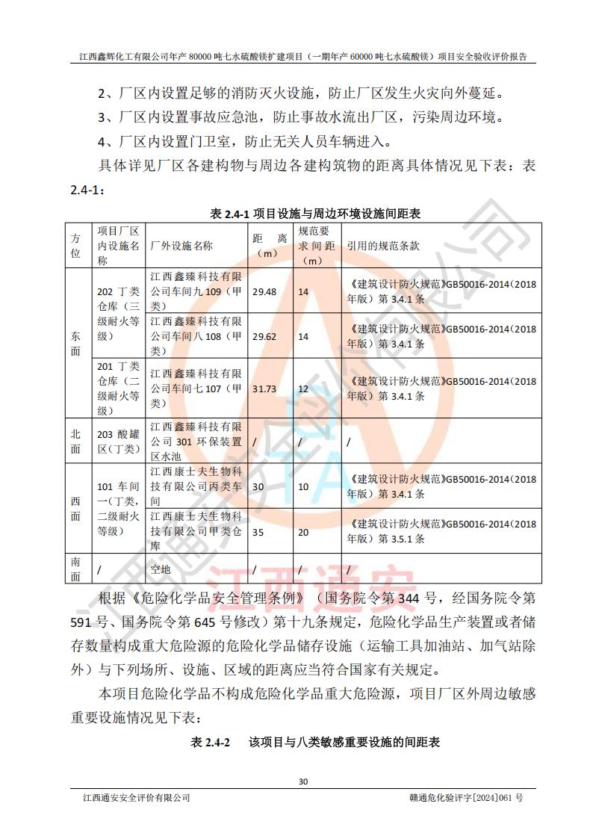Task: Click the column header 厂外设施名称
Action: pos(181,245)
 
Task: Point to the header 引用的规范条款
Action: pos(383,245)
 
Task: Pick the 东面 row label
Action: pos(76,343)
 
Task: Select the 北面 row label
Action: pos(76,441)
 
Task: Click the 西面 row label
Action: pos(76,508)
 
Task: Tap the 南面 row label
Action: pos(76,569)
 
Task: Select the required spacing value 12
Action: pos(303,388)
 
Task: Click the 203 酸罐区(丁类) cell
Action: pos(119,441)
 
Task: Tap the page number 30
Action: pos(302,781)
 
